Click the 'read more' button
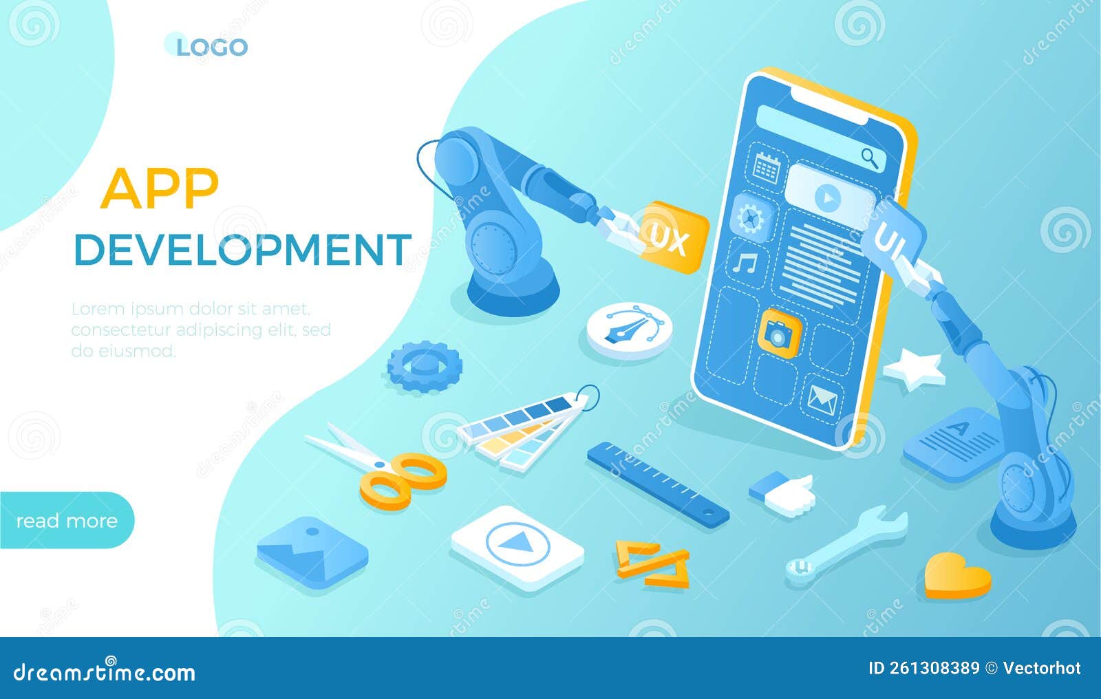[x=67, y=520]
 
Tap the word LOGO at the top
[x=211, y=47]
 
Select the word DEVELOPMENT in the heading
[x=242, y=249]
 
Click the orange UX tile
[x=672, y=238]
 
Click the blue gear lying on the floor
[x=423, y=365]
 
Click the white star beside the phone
[x=915, y=369]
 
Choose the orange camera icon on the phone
[x=779, y=332]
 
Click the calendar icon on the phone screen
[x=766, y=166]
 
